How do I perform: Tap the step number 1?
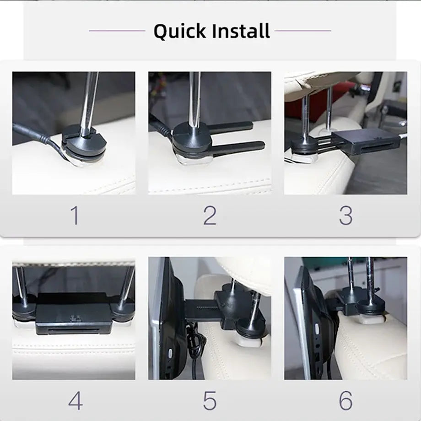click(x=74, y=215)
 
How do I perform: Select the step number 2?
click(x=210, y=215)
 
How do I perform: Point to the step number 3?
click(x=345, y=215)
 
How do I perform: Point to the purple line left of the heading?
click(x=117, y=31)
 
